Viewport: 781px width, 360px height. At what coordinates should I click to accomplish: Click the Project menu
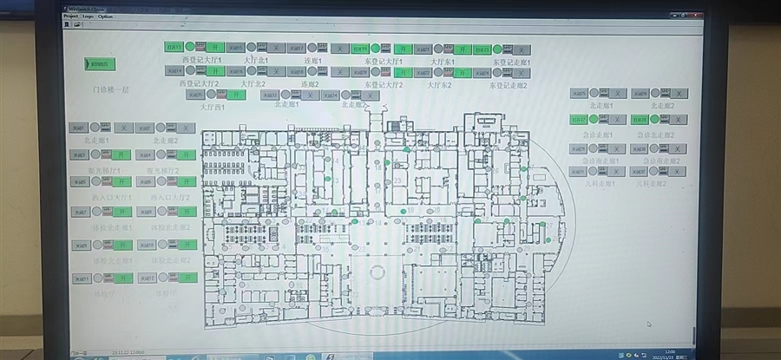71,16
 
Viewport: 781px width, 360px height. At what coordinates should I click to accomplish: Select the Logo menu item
89,16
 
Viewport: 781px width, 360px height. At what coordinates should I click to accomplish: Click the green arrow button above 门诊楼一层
100,63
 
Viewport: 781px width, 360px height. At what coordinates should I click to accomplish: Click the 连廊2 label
310,84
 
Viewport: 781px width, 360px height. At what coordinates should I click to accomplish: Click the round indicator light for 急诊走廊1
594,119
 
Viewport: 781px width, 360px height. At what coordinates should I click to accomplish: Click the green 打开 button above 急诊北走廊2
640,119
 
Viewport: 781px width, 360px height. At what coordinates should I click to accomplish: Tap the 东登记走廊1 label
510,62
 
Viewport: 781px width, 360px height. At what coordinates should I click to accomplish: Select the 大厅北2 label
253,84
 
